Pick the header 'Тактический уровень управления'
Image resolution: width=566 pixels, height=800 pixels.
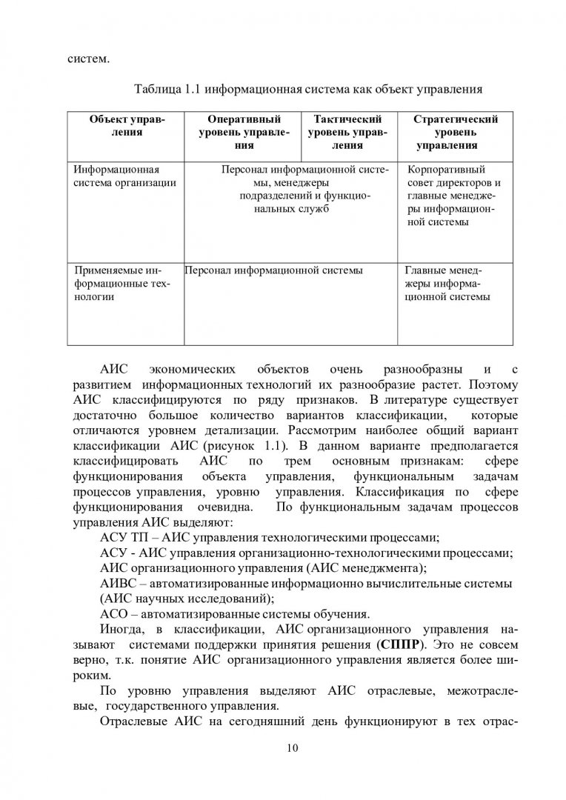tap(347, 132)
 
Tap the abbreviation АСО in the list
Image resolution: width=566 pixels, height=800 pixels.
tap(114, 614)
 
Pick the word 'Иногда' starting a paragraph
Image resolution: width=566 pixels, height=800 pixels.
tap(119, 629)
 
